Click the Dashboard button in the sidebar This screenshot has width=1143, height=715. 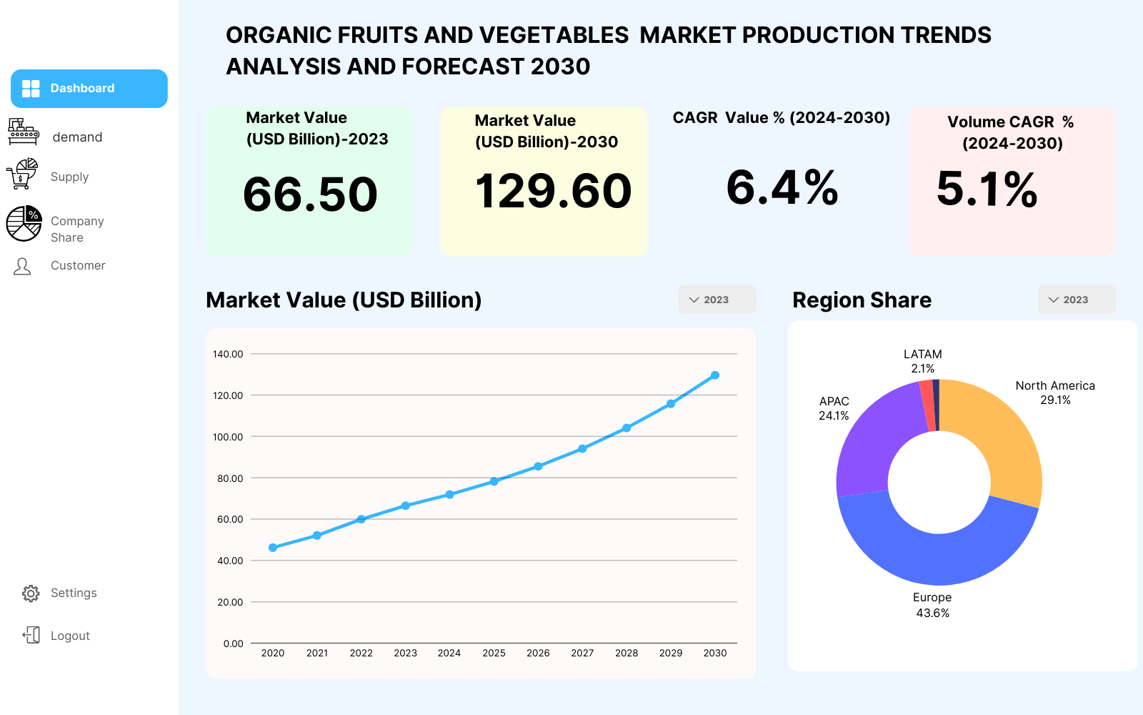coord(89,89)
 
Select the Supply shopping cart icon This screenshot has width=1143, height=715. coord(22,174)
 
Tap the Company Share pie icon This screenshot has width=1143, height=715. coord(24,224)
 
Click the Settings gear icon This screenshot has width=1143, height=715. coord(31,593)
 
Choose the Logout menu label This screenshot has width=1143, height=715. coord(70,636)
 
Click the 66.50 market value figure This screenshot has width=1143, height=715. coord(310,194)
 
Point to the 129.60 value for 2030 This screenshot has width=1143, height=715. coord(553,191)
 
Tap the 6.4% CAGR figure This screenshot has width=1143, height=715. coord(782,188)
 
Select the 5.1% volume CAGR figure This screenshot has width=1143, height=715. coord(987,189)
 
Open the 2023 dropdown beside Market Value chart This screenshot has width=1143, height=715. coord(717,300)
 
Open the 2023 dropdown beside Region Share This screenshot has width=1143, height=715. coord(1077,300)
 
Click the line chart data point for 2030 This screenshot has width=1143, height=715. coord(715,375)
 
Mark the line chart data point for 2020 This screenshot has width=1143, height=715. coord(273,548)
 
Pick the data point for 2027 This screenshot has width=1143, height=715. coord(582,449)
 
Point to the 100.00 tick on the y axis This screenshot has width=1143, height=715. coord(228,437)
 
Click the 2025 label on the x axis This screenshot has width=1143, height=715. coord(494,654)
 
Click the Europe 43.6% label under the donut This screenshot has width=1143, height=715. coord(932,605)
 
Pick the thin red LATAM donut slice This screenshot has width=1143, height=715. coord(929,406)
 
